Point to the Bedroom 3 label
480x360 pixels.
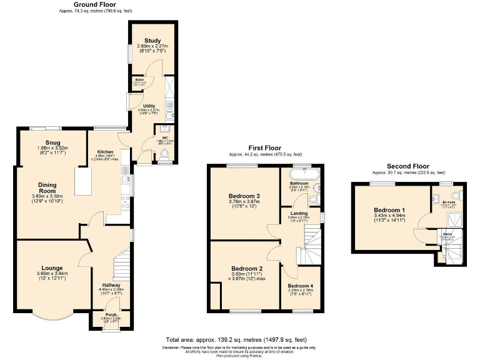244,196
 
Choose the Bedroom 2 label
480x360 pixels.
242,267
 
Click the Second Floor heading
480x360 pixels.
409,166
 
